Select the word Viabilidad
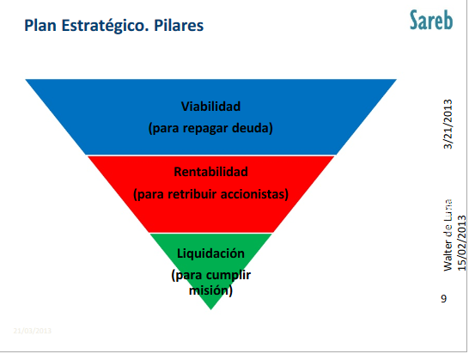point(210,107)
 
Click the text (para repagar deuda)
point(210,128)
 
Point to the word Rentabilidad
point(210,172)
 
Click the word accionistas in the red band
point(253,193)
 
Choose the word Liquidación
point(210,253)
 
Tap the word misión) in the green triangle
point(210,290)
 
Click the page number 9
point(443,299)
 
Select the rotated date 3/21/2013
point(447,125)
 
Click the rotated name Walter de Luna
point(447,236)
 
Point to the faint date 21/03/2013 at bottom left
point(33,329)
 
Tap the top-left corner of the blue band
point(26,79)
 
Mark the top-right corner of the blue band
point(396,79)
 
